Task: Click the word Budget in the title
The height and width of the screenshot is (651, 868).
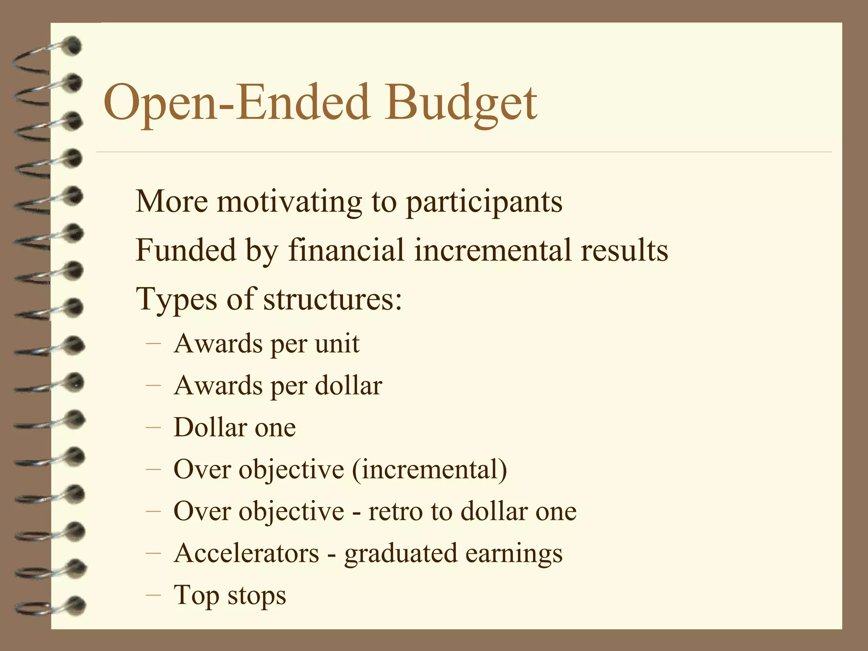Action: click(461, 103)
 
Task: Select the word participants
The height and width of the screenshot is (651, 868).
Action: click(484, 202)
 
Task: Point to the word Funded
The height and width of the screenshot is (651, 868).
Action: click(186, 250)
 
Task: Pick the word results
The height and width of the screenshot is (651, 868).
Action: click(624, 250)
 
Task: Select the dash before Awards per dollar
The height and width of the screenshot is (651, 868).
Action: click(153, 385)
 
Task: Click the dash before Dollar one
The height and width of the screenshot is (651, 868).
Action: click(153, 427)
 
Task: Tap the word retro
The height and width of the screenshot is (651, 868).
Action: click(395, 511)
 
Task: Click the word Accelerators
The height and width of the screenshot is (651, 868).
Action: click(246, 553)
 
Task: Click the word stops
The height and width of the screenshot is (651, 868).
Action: click(256, 595)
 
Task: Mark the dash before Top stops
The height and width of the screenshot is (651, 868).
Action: click(153, 595)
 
